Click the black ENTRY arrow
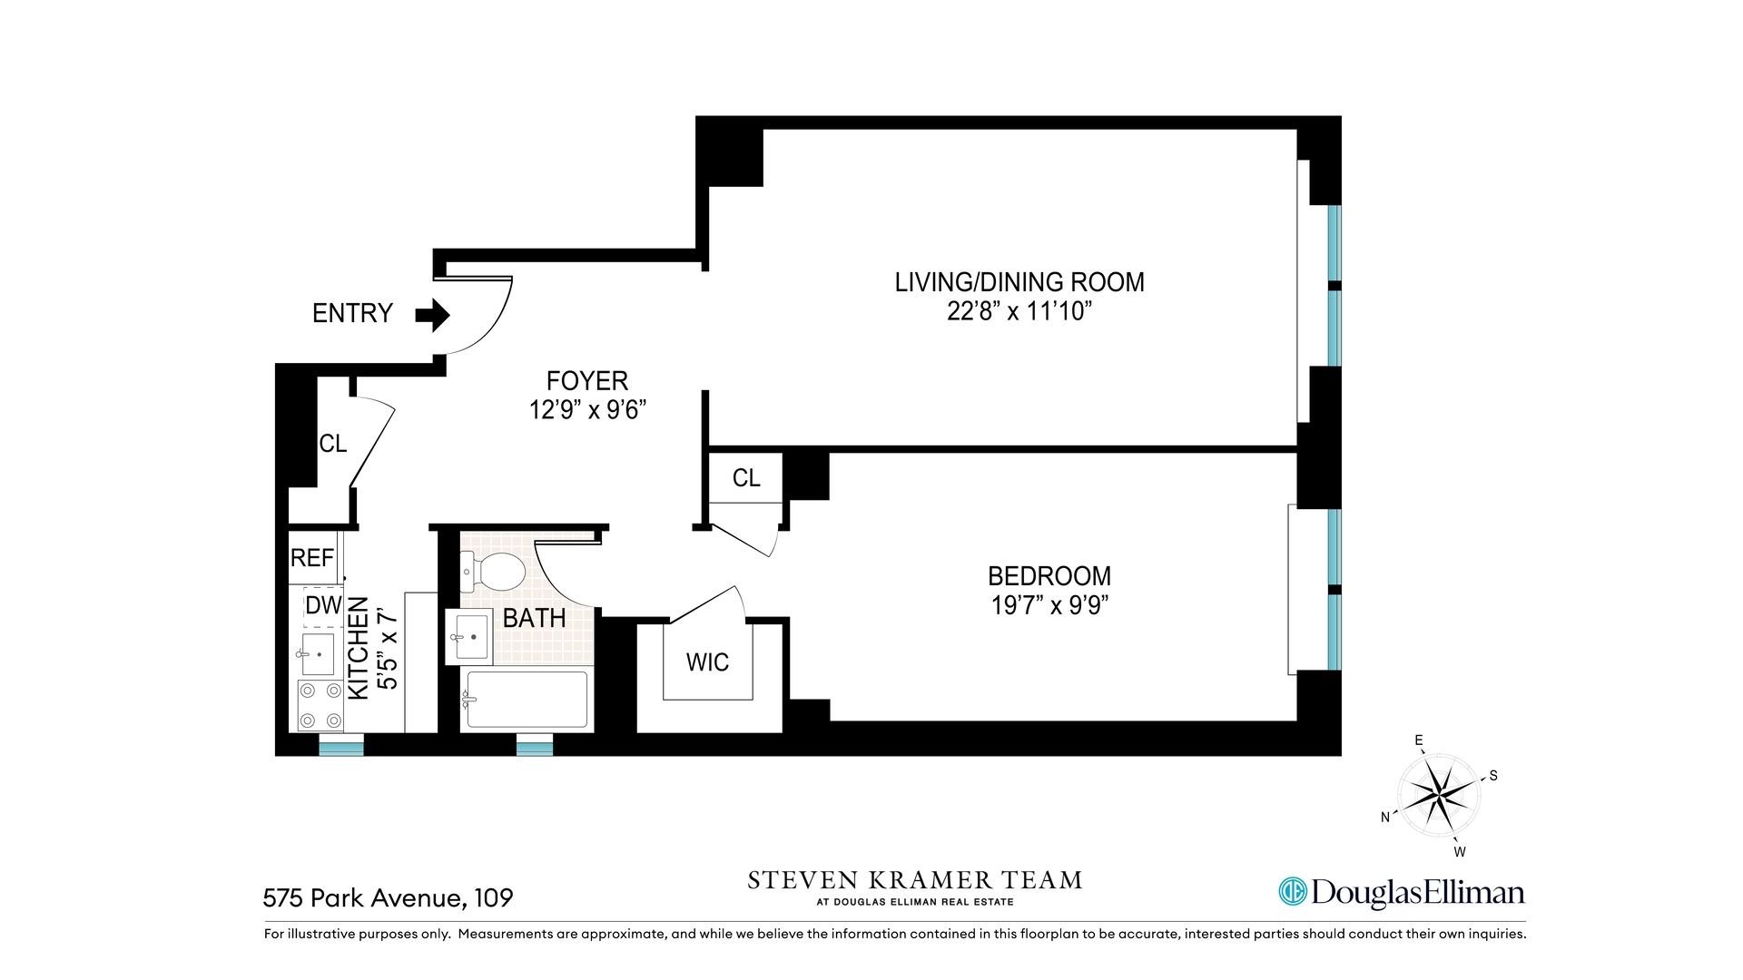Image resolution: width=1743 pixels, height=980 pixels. pyautogui.click(x=433, y=315)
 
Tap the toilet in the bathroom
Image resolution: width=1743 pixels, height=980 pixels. pyautogui.click(x=494, y=572)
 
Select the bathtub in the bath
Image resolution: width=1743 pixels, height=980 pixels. pyautogui.click(x=526, y=699)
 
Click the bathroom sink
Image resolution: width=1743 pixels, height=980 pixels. pyautogui.click(x=470, y=636)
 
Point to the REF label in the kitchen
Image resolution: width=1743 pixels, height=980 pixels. pyautogui.click(x=312, y=557)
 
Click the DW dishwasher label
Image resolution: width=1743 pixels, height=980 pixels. pyautogui.click(x=323, y=605)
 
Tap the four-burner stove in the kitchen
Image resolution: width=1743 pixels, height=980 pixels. pyautogui.click(x=320, y=705)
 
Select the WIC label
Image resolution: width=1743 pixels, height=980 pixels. pyautogui.click(x=707, y=662)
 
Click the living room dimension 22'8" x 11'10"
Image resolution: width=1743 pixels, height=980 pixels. pyautogui.click(x=1019, y=311)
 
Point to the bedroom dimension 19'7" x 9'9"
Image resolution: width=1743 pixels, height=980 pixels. pyautogui.click(x=1049, y=605)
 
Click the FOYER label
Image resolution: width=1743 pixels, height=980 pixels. pyautogui.click(x=586, y=380)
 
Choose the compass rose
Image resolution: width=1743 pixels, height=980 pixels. pyautogui.click(x=1439, y=796)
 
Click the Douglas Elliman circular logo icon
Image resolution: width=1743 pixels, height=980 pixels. pyautogui.click(x=1292, y=892)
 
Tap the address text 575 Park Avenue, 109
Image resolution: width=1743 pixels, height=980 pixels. pyautogui.click(x=388, y=898)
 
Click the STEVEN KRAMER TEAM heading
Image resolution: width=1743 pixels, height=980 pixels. pyautogui.click(x=914, y=880)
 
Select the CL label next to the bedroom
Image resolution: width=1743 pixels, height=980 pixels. pyautogui.click(x=746, y=478)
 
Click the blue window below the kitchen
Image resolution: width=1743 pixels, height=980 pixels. pyautogui.click(x=341, y=749)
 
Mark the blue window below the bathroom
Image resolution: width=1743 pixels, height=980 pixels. pyautogui.click(x=535, y=749)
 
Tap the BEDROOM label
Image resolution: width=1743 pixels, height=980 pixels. pyautogui.click(x=1049, y=576)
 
